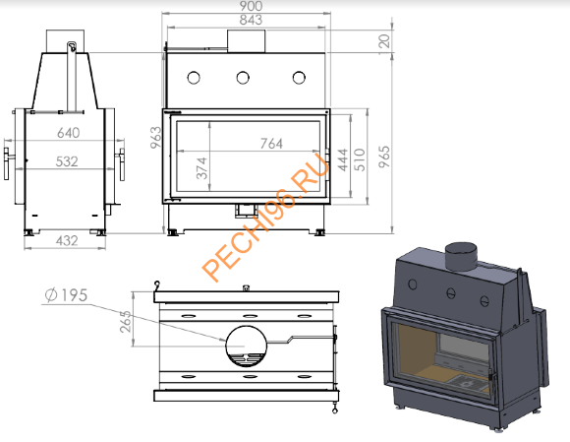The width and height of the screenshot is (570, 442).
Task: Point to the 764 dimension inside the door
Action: tap(270, 144)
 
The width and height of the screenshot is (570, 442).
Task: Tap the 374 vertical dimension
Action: tap(202, 169)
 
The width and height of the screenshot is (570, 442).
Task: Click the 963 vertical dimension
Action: tap(155, 138)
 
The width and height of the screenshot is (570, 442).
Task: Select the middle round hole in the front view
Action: tap(244, 78)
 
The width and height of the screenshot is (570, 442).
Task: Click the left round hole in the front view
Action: tap(195, 78)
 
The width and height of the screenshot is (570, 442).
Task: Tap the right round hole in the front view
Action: tap(298, 78)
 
